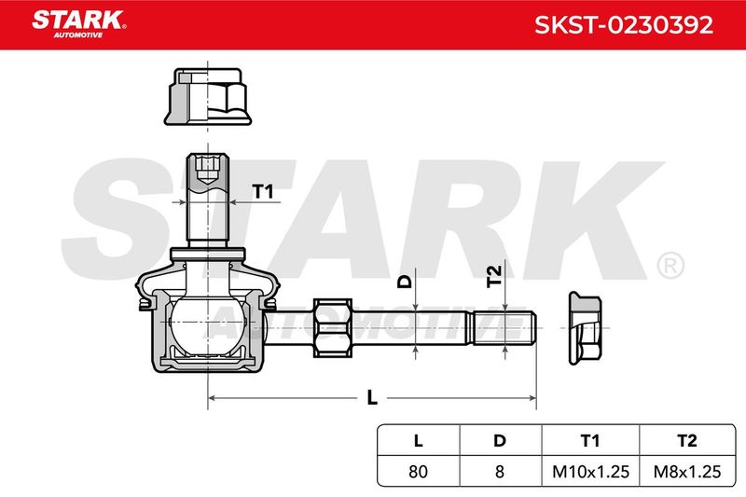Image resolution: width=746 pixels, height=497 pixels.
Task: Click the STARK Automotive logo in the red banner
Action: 79,23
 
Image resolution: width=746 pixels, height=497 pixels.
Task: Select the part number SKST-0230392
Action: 624,25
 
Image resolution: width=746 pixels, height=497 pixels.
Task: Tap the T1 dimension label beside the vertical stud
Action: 263,192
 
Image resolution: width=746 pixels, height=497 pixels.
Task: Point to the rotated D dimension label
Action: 405,282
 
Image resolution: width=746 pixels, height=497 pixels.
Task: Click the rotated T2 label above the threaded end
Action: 494,276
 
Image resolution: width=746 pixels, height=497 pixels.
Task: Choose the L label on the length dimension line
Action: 372,397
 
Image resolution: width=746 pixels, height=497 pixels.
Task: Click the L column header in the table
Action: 418,441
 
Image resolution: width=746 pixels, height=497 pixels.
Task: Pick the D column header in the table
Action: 500,441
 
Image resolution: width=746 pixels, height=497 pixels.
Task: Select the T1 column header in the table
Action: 590,441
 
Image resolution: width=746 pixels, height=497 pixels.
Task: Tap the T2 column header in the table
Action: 687,441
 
